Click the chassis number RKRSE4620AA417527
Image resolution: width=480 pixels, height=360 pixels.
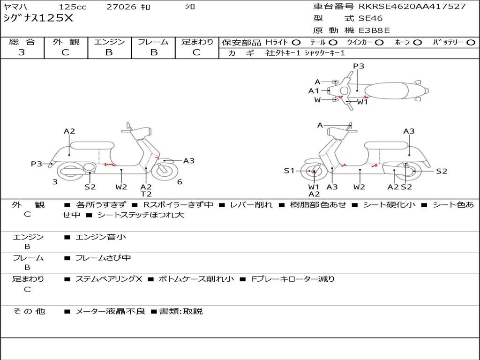click(412, 7)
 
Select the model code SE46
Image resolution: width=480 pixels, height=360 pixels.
click(370, 19)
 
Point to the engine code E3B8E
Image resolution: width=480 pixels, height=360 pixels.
click(374, 31)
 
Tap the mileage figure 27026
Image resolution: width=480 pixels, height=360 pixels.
click(121, 7)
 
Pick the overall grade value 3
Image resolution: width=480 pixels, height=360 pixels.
click(22, 52)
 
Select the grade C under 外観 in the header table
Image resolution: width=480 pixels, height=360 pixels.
click(66, 52)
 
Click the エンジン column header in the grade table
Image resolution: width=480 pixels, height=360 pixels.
click(109, 42)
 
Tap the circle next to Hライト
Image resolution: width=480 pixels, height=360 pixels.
click(296, 42)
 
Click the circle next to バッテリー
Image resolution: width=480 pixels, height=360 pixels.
click(471, 42)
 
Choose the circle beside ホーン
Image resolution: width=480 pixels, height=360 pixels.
click(418, 42)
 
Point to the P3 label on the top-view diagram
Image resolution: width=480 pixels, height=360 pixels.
click(359, 66)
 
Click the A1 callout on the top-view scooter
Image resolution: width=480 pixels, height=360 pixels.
click(314, 91)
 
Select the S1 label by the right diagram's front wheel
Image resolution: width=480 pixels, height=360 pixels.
click(289, 171)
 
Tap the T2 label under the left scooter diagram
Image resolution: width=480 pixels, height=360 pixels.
click(146, 194)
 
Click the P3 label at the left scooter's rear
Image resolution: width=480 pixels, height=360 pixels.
click(37, 164)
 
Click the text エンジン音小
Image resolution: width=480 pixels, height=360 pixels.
click(101, 237)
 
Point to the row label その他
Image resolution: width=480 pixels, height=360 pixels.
click(29, 311)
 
